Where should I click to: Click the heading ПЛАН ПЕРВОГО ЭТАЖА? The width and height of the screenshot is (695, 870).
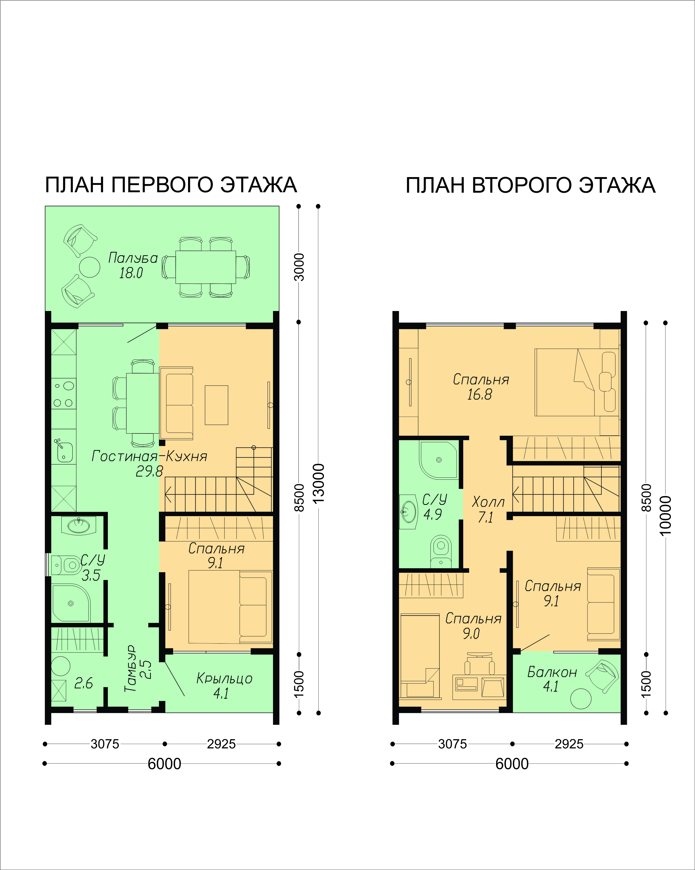(171, 185)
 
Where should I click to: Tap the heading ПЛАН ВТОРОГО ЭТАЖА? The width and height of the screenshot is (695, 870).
(530, 185)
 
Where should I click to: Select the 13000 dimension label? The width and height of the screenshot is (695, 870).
(318, 483)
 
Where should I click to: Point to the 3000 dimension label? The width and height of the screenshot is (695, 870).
(299, 267)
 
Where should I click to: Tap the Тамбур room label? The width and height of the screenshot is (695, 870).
(130, 669)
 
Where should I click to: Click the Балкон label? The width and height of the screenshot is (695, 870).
(552, 672)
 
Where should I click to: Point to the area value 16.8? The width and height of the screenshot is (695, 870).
(479, 394)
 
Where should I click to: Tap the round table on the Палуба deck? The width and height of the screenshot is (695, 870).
(90, 267)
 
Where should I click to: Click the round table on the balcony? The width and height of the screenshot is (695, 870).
(581, 699)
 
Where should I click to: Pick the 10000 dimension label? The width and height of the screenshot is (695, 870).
(665, 516)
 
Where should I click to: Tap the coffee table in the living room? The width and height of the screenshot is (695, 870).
(216, 405)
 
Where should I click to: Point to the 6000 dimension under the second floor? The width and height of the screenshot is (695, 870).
(512, 764)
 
